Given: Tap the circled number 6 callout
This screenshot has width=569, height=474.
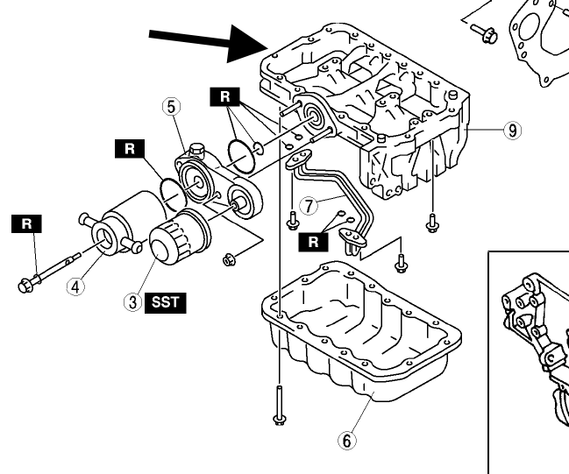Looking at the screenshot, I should pos(348,441).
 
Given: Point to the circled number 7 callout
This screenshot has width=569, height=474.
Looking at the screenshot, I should pos(308,206).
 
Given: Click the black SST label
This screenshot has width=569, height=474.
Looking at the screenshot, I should pos(166,302).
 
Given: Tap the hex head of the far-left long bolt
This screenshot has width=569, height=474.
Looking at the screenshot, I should pos(24,285).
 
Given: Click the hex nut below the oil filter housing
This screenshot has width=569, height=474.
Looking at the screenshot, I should pos(231,259).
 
